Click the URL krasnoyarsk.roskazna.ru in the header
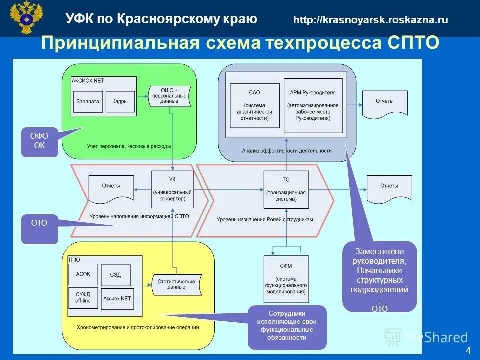click(370, 20)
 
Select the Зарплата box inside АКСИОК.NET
click(88, 101)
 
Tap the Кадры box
click(120, 101)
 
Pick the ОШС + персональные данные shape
click(169, 96)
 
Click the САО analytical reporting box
click(254, 105)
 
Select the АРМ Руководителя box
click(313, 105)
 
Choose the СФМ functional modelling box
click(285, 278)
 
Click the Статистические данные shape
click(175, 285)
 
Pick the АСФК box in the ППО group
click(83, 275)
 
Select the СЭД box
click(115, 275)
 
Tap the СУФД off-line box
click(83, 298)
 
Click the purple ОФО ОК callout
click(39, 142)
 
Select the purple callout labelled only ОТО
click(39, 228)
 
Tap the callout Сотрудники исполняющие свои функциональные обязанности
click(287, 326)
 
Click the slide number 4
click(468, 350)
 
